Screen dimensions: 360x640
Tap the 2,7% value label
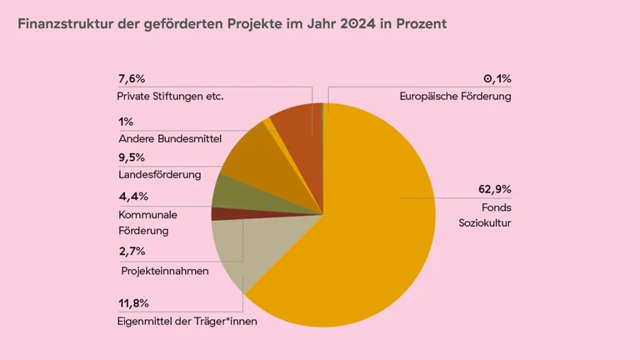point(132,251)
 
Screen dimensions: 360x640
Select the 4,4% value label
point(133,197)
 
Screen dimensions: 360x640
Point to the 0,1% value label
point(497,79)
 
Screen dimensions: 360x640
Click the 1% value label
point(126,122)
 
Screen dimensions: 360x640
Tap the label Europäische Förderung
point(456,97)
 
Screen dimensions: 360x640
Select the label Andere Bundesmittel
point(169,138)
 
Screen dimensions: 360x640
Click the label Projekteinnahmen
point(165,271)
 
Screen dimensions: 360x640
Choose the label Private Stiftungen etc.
point(171,97)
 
